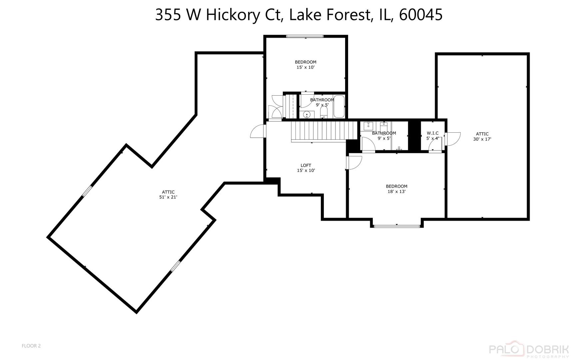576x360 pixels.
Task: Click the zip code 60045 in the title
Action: coord(420,15)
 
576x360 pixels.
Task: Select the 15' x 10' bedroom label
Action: coord(305,65)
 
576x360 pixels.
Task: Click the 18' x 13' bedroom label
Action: coord(396,189)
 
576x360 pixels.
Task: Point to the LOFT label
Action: coord(306,168)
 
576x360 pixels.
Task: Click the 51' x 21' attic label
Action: coord(168,194)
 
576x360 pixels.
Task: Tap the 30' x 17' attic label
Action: coord(482,136)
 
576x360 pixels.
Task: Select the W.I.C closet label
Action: coord(432,135)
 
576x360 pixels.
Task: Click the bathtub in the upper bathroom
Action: coord(339,107)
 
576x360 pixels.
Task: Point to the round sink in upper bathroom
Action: coord(307,115)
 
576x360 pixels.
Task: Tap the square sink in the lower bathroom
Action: coord(368,126)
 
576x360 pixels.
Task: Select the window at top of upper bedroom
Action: coord(305,36)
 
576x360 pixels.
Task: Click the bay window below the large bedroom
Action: coord(396,226)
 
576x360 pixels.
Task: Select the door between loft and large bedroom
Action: coord(354,162)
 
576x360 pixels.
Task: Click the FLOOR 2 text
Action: coord(31,346)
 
